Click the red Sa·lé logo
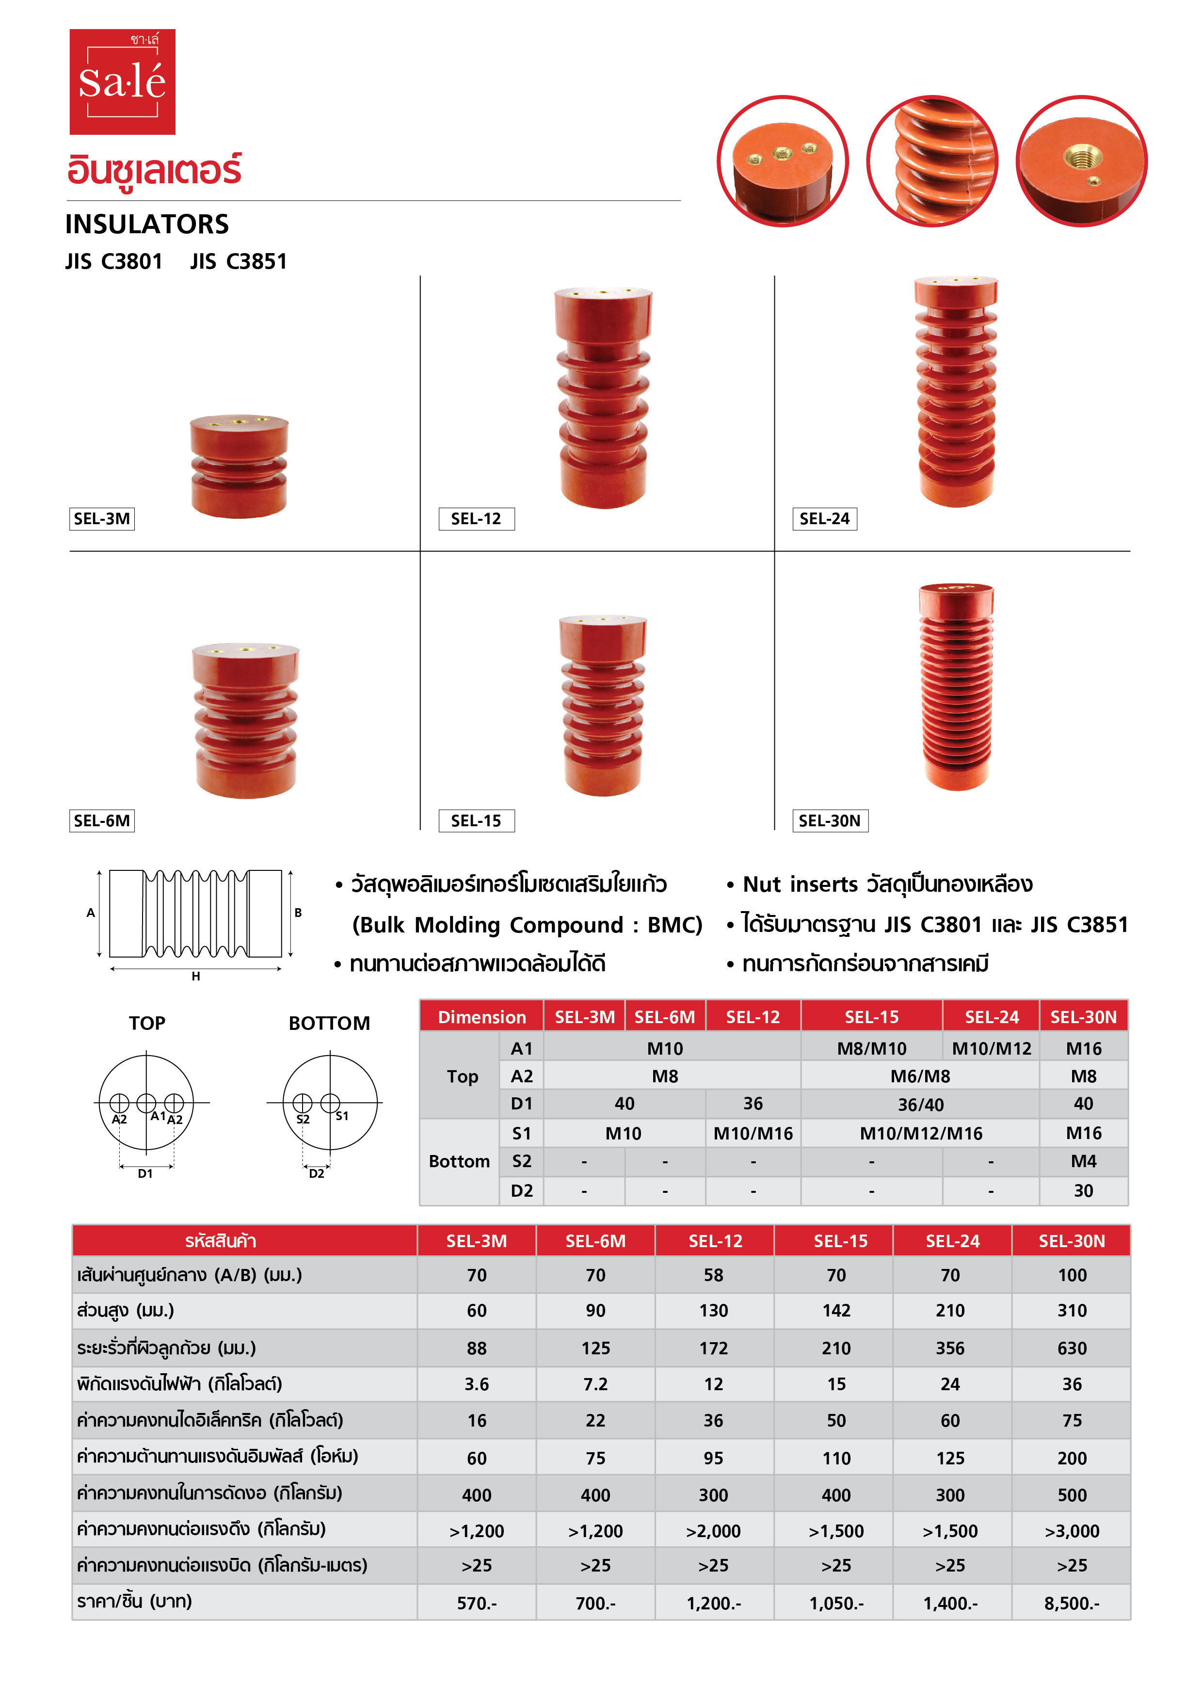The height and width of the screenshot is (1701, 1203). click(x=122, y=81)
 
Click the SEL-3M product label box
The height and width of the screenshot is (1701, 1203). click(x=101, y=519)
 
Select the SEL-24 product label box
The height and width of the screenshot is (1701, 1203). click(x=824, y=519)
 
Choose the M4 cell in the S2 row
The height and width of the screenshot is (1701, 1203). click(x=1083, y=1161)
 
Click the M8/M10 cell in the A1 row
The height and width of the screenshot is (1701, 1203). click(x=871, y=1048)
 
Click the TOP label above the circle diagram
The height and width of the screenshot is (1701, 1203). click(x=146, y=1023)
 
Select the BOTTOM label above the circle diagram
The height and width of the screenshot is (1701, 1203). click(x=329, y=1023)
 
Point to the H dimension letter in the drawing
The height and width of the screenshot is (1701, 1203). click(x=195, y=977)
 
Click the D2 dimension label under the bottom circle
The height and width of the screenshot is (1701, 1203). click(x=316, y=1173)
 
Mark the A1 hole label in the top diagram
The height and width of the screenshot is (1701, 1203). click(x=158, y=1116)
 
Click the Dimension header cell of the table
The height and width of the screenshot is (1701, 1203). click(x=481, y=1016)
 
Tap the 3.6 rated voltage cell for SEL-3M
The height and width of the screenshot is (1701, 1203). click(x=476, y=1384)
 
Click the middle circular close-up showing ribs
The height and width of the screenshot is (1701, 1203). click(x=932, y=161)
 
